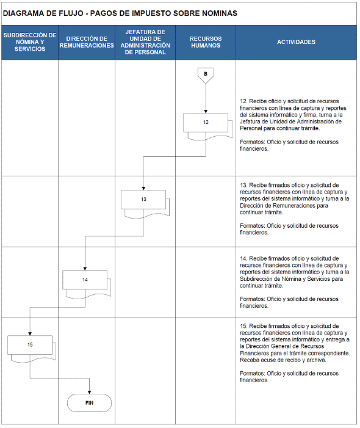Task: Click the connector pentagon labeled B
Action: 206,75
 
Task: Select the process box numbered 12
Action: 206,123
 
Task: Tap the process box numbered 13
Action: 143,200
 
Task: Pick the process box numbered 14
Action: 85,280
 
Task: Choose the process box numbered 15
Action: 30,345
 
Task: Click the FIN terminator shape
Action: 90,403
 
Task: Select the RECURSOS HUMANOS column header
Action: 206,42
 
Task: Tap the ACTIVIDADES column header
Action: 296,42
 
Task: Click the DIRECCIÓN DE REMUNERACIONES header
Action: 87,42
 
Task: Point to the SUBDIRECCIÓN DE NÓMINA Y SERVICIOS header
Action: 30,42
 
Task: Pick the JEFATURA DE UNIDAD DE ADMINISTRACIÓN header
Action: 145,42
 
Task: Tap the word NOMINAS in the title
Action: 220,13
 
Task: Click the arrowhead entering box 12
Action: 206,112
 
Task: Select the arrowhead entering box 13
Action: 143,188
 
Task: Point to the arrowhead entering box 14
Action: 85,269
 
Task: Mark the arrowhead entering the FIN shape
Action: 90,392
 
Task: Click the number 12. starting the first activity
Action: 243,101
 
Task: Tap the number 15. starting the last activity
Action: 243,326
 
